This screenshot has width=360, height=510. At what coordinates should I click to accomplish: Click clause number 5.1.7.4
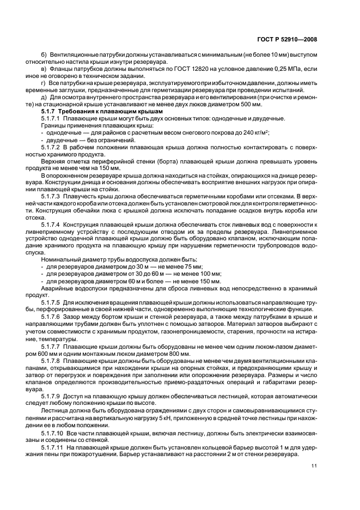pos(51,224)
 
